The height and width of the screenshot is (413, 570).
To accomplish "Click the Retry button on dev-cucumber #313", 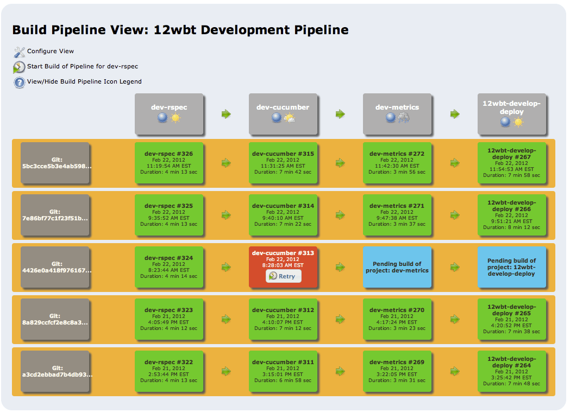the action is pos(283,276).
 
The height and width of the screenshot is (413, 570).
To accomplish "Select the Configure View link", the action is pos(50,51).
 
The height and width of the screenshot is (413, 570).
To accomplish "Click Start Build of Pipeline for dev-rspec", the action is pos(83,66).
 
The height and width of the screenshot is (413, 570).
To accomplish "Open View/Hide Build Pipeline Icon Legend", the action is pos(84,81).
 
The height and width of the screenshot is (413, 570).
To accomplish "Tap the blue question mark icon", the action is pos(19,82).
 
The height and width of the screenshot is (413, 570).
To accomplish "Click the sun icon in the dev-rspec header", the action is pos(176,118).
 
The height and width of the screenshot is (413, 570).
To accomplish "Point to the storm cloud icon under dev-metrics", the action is pos(404,117).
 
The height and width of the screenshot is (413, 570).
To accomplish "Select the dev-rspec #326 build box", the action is pos(168,163).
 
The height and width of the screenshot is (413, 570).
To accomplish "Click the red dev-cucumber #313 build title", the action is pos(283,253).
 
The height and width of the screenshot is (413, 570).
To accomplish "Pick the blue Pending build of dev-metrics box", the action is pos(397,267).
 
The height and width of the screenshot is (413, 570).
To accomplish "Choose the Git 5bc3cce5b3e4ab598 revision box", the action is pos(55,163).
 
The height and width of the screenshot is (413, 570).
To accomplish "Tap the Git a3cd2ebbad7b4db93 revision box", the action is pos(55,371).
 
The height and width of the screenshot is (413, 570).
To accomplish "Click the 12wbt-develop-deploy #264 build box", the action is pos(511,371).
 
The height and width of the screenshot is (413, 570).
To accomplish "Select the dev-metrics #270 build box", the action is pos(397,319).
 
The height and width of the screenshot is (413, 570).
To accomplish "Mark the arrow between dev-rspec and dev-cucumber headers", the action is pos(226,114).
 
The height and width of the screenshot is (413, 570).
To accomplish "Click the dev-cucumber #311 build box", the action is pos(283,371).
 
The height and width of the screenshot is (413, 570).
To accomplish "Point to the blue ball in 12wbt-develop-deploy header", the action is pos(505,122).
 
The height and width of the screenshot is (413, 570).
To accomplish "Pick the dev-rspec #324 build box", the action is pos(168,267).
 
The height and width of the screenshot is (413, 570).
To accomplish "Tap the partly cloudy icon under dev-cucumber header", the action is pos(290,118).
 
